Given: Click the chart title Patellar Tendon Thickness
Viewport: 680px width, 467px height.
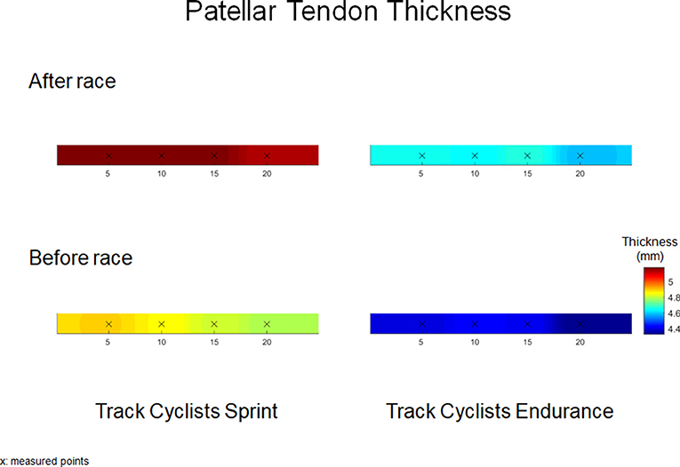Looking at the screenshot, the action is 348,11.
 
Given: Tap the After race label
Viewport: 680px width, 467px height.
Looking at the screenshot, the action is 72,81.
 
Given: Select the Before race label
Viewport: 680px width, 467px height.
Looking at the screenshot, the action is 81,257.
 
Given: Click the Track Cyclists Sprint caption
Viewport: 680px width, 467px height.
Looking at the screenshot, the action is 187,411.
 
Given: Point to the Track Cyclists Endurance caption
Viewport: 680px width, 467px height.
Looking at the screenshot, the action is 500,411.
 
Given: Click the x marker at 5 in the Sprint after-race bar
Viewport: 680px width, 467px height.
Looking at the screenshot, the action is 108,155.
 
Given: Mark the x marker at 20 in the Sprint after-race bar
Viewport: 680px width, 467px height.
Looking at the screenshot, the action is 267,155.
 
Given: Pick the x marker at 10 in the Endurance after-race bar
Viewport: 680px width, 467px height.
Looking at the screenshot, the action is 475,155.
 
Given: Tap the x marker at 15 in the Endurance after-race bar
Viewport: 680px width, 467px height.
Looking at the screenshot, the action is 527,155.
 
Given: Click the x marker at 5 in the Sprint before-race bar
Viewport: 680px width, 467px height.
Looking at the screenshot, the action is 108,324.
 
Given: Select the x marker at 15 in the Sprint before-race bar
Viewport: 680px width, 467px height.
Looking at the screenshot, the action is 214,324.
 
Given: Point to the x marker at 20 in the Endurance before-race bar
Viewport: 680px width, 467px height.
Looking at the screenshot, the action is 580,324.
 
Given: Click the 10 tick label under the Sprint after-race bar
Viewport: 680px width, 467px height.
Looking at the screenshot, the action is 161,174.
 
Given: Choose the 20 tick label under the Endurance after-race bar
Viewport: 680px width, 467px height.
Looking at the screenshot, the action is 580,174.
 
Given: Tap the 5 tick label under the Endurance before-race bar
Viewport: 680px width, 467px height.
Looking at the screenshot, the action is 420,342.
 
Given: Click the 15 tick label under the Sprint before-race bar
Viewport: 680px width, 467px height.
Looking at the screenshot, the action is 214,342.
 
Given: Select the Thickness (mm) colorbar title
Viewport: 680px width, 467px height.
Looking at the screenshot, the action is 650,249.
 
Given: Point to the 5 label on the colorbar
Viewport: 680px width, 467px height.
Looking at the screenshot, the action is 670,282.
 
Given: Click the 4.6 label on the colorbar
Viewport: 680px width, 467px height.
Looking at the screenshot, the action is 674,313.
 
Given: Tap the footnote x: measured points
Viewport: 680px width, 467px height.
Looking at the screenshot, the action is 44,461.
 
